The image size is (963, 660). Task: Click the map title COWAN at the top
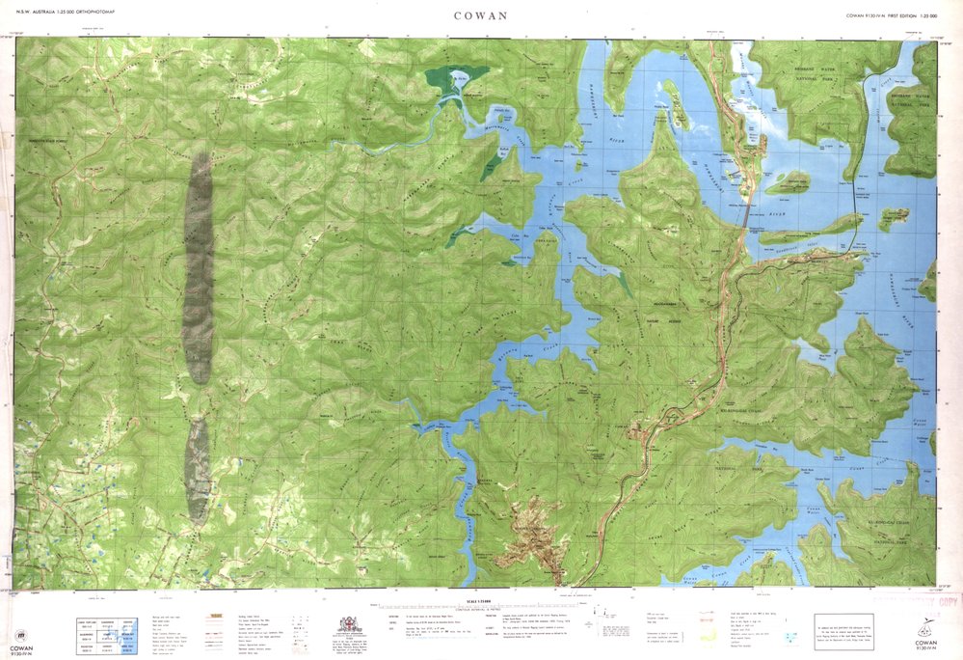pos(482,15)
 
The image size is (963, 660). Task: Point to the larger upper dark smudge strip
pos(199,267)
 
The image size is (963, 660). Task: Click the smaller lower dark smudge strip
pos(198,471)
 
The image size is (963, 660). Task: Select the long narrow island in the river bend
pos(811,230)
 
